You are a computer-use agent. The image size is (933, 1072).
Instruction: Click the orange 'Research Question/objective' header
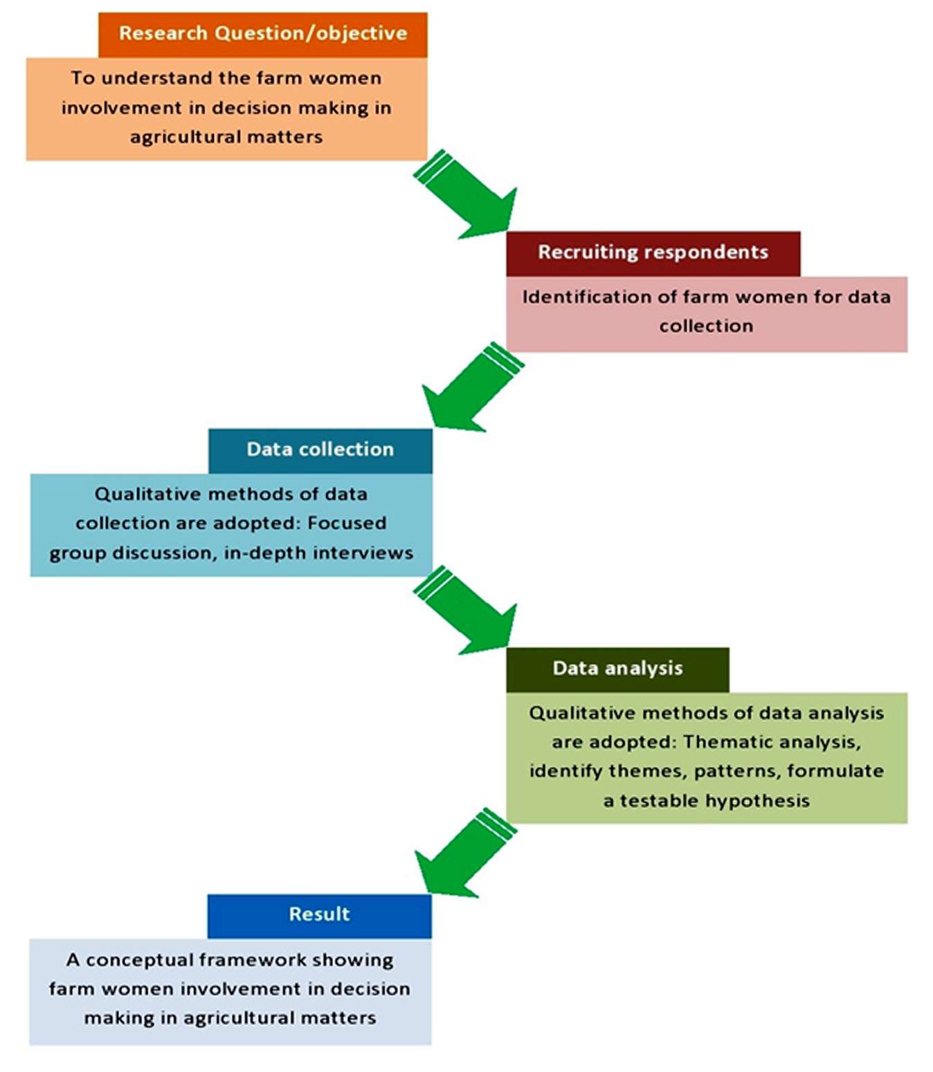coord(263,34)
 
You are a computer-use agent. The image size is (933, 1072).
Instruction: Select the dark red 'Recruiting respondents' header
coord(653,252)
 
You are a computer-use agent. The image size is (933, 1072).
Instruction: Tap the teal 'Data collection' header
coord(320,450)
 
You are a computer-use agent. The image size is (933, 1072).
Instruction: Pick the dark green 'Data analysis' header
coord(617,668)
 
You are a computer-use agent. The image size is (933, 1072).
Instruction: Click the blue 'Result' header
coord(319,914)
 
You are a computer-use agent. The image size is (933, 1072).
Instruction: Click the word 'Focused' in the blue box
coord(347,524)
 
